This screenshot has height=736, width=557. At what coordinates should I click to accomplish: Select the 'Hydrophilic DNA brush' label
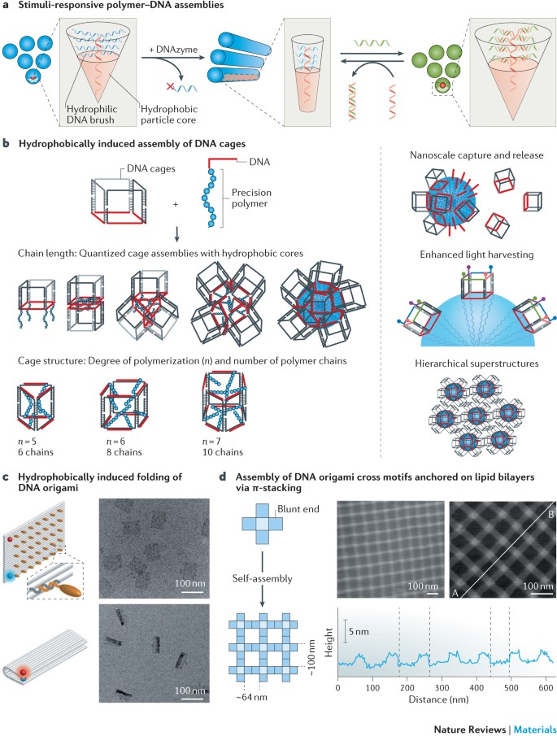[x=92, y=115]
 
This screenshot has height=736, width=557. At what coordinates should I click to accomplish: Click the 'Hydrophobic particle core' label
[x=169, y=115]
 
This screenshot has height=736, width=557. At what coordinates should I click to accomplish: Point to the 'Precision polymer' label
[x=251, y=198]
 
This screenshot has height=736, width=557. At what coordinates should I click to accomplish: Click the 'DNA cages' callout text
[x=151, y=168]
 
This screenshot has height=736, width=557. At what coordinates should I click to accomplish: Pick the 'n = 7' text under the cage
[x=211, y=442]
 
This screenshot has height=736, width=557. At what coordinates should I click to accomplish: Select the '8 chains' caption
[x=124, y=452]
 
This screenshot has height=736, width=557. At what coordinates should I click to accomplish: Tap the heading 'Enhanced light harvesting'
[x=476, y=255]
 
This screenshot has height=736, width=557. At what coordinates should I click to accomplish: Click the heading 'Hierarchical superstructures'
[x=476, y=364]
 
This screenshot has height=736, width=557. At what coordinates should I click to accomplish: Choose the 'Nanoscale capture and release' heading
[x=476, y=155]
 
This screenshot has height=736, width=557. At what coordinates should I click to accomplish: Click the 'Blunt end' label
[x=298, y=509]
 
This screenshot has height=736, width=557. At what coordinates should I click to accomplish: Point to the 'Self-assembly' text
[x=262, y=579]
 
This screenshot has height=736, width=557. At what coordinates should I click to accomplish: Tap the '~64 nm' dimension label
[x=251, y=698]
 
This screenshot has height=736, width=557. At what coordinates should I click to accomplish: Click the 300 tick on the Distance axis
[x=442, y=688]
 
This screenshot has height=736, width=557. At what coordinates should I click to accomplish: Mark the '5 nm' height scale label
[x=359, y=632]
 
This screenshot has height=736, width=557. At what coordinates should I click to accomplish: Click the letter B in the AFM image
[x=550, y=515]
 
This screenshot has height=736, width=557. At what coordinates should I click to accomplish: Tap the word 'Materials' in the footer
[x=535, y=729]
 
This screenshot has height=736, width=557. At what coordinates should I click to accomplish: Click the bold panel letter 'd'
[x=223, y=477]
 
